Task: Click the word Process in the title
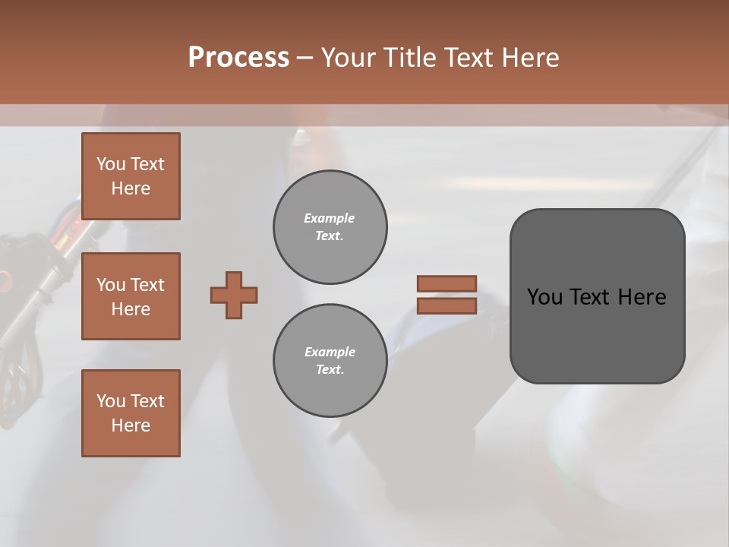tap(238, 58)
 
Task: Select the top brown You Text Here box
tap(131, 176)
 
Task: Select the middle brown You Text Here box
tap(131, 296)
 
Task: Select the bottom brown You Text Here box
tap(131, 413)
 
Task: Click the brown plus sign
tap(234, 295)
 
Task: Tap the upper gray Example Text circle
tap(330, 227)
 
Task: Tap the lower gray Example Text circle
tap(330, 361)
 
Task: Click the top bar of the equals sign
tap(447, 283)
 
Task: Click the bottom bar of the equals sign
tap(447, 305)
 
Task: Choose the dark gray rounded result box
tap(597, 334)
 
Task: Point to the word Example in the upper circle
tap(330, 218)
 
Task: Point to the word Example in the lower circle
tap(330, 352)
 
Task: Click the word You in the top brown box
tap(111, 164)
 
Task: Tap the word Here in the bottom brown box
tap(131, 425)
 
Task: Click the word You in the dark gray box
tap(544, 297)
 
